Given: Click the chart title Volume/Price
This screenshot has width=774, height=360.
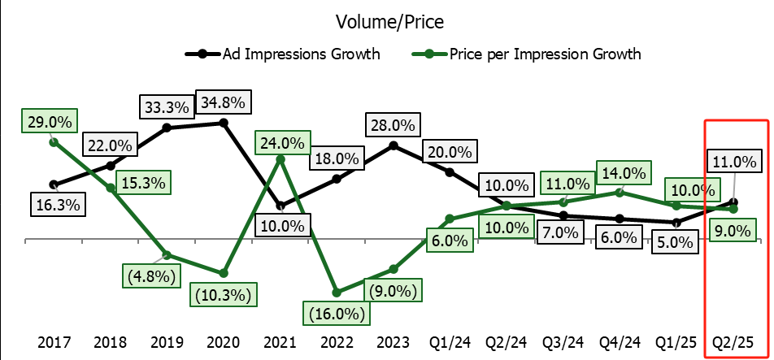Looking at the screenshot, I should coord(387,22).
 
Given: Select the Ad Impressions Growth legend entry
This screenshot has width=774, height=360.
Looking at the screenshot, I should coord(302,54).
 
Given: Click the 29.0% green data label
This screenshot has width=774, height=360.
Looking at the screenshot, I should coord(49,122).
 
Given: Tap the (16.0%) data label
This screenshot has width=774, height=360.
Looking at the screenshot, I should coord(334,312).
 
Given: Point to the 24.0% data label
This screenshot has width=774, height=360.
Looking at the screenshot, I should coord(281,143).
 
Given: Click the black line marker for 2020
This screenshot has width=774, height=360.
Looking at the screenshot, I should coord(224,123).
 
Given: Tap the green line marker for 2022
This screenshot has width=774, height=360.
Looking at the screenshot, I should coord(337,291).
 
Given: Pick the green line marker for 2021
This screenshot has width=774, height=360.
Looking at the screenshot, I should coord(280,159).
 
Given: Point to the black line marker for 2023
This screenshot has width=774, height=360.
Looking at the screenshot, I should coord(394,145).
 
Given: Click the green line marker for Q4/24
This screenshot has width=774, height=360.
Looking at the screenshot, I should coord(620,193).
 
